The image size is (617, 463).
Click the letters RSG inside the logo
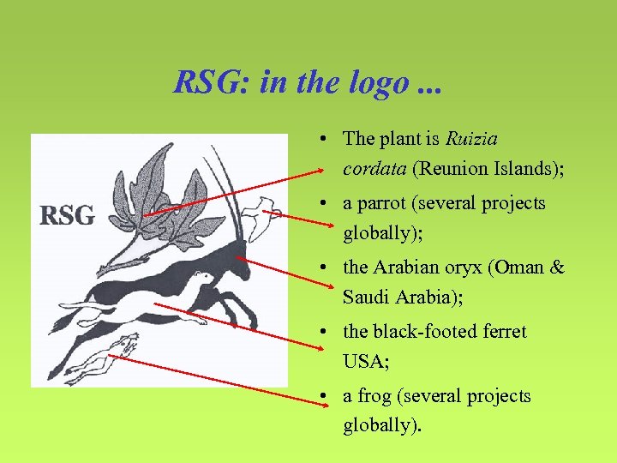pyautogui.click(x=67, y=215)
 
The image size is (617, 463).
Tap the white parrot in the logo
pyautogui.click(x=256, y=214)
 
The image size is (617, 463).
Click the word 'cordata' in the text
pyautogui.click(x=374, y=168)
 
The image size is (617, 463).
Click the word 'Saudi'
pyautogui.click(x=367, y=297)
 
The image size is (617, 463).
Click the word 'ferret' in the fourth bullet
pyautogui.click(x=503, y=331)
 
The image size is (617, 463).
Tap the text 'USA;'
pyautogui.click(x=366, y=361)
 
